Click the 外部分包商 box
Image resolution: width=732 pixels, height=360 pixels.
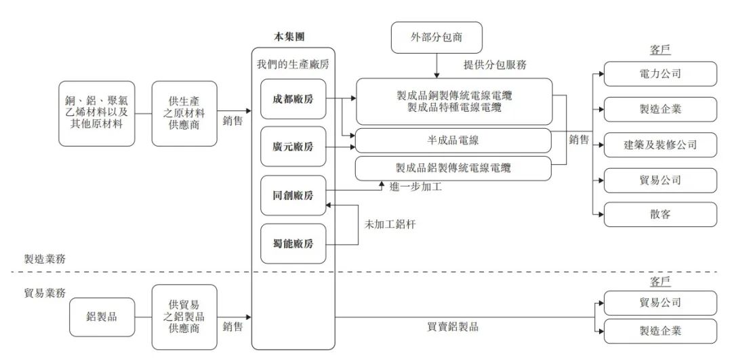coord(437,38)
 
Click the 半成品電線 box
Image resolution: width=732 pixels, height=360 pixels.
coord(453,140)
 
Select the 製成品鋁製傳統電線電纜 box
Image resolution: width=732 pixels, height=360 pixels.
coord(453,168)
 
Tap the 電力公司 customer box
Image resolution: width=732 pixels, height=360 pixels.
coord(660,73)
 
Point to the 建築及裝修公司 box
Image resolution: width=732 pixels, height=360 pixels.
coord(660,144)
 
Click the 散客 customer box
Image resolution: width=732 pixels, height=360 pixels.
coord(660,214)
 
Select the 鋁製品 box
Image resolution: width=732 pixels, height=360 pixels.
coord(101,316)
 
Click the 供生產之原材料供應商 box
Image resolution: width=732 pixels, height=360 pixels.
coord(184,113)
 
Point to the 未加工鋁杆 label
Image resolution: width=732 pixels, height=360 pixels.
coord(390,224)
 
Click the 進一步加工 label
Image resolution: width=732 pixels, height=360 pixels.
coord(416,186)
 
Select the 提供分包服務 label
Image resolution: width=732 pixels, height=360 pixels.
coord(495,65)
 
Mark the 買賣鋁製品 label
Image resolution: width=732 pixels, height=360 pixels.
coord(453,327)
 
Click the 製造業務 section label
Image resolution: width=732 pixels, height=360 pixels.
coord(46,259)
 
